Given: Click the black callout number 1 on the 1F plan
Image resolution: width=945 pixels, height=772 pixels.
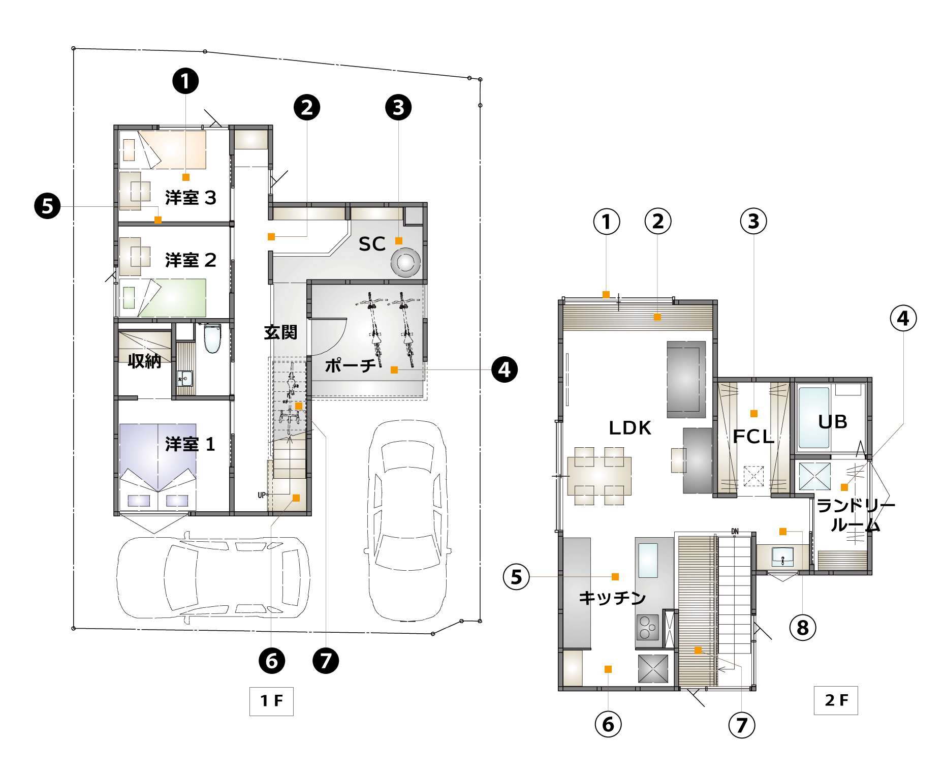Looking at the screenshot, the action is tap(185, 81).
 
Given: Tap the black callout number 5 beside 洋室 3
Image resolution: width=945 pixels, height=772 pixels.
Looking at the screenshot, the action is tap(47, 206).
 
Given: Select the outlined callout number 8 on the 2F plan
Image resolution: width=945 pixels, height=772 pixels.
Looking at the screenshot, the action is tap(803, 627).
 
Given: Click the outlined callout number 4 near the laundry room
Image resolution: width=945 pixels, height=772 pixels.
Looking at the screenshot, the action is tap(903, 318).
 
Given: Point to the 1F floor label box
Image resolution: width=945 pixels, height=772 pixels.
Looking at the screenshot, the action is tap(271, 701).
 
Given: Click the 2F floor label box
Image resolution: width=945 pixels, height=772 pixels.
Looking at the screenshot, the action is tap(836, 700).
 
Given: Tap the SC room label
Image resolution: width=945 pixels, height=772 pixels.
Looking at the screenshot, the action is tap(372, 244).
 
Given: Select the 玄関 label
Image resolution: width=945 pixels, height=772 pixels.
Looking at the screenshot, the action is tap(280, 332).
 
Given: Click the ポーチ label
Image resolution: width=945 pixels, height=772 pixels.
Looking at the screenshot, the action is tap(351, 365).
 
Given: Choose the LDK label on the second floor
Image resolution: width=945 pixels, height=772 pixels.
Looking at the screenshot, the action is tap(630, 428).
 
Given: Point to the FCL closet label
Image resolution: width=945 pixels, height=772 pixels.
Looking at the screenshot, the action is tap(753, 437).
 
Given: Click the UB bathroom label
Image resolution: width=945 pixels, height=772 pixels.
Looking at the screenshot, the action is tap(833, 422).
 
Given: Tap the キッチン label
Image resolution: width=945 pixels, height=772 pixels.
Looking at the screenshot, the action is tap(612, 598).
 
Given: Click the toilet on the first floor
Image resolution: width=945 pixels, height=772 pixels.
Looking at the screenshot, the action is tap(212, 338).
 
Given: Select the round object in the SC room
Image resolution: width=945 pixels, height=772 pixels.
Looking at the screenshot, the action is tap(405, 262).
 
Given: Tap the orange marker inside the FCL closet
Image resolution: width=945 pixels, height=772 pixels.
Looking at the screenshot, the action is tap(754, 414).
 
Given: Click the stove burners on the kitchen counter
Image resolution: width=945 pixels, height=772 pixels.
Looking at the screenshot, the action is tap(648, 627).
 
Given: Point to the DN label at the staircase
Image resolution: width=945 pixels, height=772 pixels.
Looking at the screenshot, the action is tap(735, 532).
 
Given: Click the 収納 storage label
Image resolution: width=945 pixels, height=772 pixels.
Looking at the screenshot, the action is tap(144, 361).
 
